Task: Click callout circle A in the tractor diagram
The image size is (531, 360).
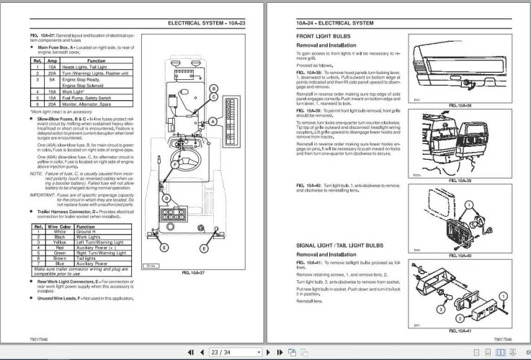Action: [213, 122]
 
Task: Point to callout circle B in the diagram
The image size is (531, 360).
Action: [213, 89]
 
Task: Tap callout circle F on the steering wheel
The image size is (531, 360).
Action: [174, 165]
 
